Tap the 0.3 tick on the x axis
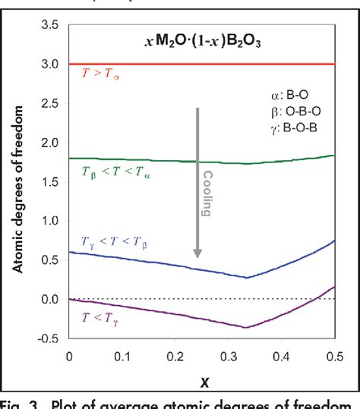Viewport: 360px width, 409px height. coord(246,354)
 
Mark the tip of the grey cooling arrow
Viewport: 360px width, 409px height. coord(197,258)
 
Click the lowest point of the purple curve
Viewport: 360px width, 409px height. coord(247,327)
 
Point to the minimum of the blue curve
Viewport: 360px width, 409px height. coord(247,277)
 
